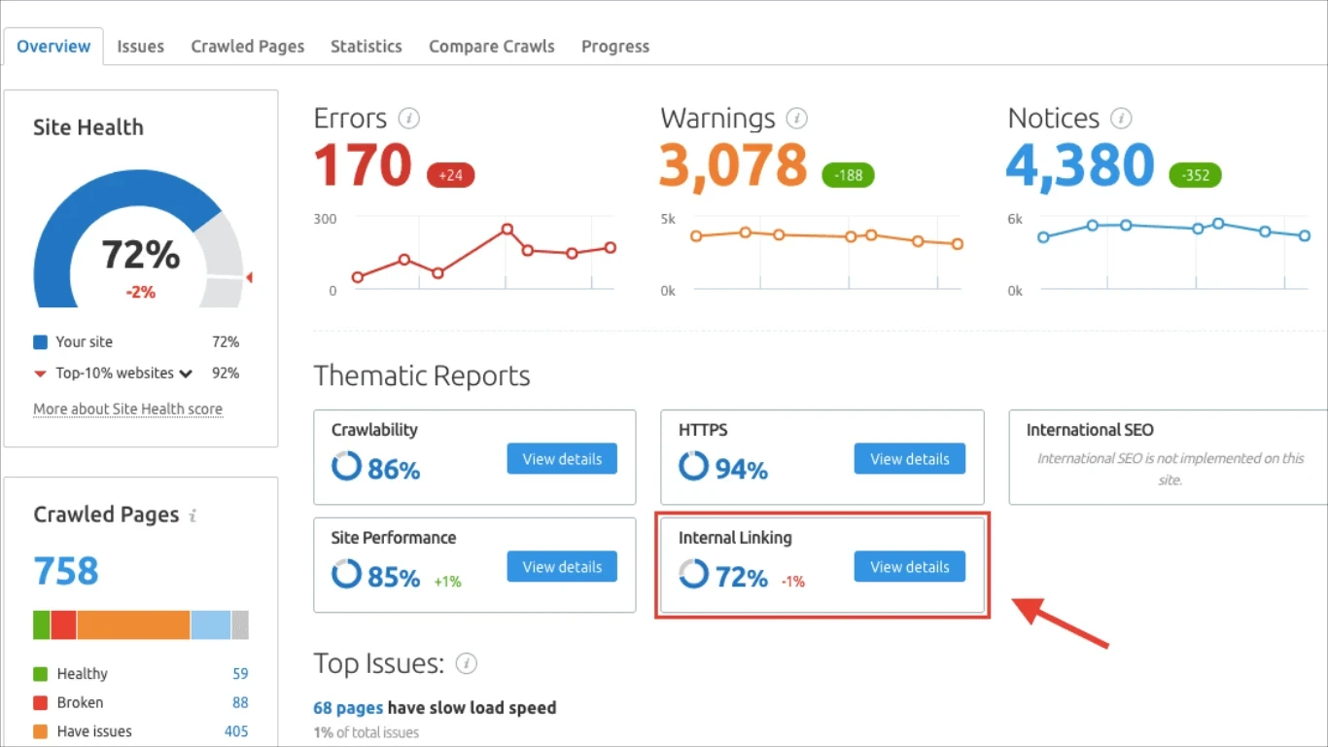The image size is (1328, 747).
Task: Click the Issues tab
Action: coord(140,47)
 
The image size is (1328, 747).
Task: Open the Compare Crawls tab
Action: coord(492,47)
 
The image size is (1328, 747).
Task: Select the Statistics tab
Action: coord(366,47)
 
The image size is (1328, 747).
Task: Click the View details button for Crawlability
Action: coord(562,459)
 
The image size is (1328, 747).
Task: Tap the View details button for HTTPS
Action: coord(909,459)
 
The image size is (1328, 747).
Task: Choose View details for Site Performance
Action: coord(562,567)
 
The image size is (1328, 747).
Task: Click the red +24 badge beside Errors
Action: coord(450,176)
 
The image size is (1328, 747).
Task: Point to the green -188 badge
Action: coord(848,176)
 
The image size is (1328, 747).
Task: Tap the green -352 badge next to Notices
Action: coord(1195,176)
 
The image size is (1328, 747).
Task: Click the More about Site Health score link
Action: coord(127,409)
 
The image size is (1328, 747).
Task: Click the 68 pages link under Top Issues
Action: coord(348,707)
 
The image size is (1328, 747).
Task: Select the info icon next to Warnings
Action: coord(797,119)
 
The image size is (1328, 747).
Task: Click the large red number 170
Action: coord(363,165)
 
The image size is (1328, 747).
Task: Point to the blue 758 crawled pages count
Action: coord(66,571)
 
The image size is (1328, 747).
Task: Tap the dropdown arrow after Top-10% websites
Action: coord(186,373)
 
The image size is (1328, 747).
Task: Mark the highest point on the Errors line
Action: coord(507,230)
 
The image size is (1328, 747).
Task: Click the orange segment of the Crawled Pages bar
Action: coord(133,624)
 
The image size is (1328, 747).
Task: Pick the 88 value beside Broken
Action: coord(240,702)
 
